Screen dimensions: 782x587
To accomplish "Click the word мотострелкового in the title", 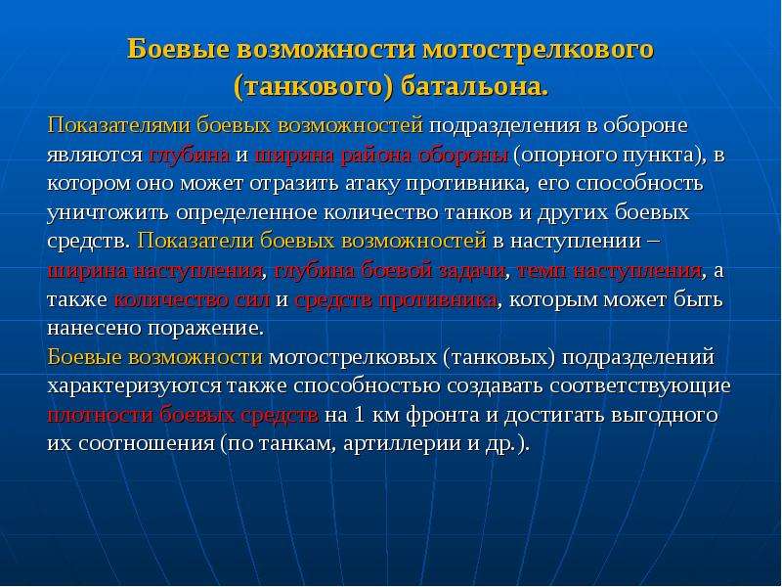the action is (x=539, y=51).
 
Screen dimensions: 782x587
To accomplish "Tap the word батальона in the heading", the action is (x=474, y=87).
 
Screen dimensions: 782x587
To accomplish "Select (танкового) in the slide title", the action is (x=314, y=88).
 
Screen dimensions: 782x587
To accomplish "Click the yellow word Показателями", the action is (x=118, y=125).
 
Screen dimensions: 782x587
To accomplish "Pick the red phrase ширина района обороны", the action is (x=381, y=156).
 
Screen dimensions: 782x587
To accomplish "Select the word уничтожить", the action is (x=109, y=213).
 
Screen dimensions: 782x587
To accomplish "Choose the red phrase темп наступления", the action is (x=608, y=271).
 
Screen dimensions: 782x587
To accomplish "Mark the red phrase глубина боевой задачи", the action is (x=389, y=271).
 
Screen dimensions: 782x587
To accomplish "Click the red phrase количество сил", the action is (x=192, y=300).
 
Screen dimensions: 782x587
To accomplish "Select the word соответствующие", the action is (x=640, y=386).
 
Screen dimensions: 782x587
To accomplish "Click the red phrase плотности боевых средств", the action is (x=183, y=415).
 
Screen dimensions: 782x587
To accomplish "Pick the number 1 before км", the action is (x=359, y=415).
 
